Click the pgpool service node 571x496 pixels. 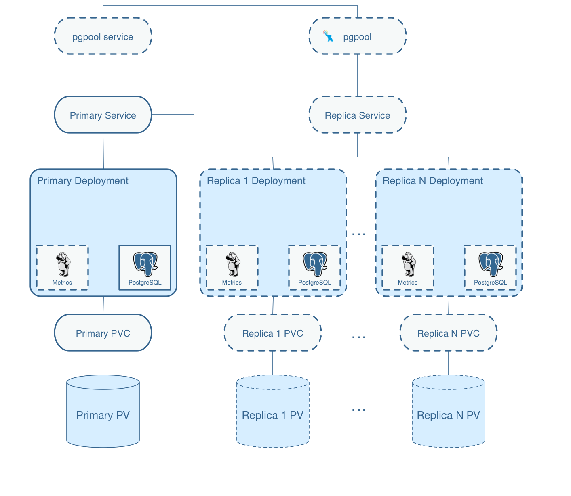click(x=103, y=36)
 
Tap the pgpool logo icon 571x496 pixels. click(x=328, y=36)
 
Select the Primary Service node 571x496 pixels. click(x=103, y=115)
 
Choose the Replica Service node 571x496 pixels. click(x=357, y=115)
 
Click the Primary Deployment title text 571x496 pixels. click(x=82, y=180)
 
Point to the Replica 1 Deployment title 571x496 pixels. click(x=256, y=180)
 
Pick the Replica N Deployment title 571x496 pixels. click(x=432, y=180)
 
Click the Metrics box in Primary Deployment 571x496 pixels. click(x=62, y=267)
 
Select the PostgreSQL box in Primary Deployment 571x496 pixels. click(x=145, y=267)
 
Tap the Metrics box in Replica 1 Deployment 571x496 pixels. click(x=232, y=267)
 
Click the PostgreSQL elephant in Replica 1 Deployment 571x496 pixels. click(x=315, y=264)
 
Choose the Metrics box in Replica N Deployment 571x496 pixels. click(x=408, y=267)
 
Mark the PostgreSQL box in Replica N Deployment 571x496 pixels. click(x=490, y=267)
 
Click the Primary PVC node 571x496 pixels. click(x=103, y=333)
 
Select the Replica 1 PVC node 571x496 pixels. click(x=272, y=333)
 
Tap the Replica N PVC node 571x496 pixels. click(x=448, y=333)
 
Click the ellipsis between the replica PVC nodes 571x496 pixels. click(x=358, y=337)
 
